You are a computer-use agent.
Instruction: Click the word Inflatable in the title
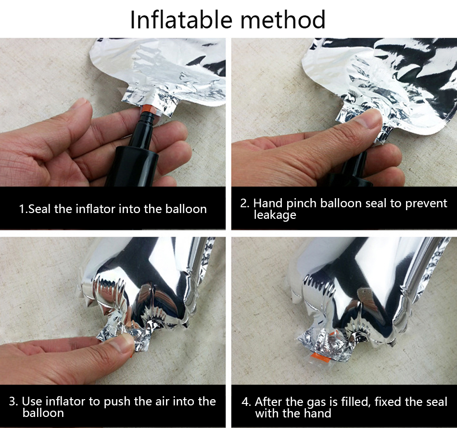(181, 19)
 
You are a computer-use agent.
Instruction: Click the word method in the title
(282, 19)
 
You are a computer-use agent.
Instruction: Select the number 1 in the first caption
(22, 209)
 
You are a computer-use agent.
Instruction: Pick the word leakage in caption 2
(275, 215)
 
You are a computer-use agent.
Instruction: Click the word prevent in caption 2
(426, 203)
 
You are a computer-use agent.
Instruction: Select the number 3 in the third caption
(12, 401)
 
